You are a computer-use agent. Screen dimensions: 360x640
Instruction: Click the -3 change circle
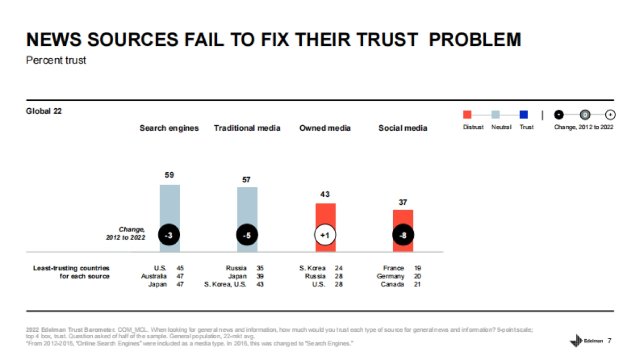tap(169, 235)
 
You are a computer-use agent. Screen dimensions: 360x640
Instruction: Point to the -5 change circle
tap(247, 235)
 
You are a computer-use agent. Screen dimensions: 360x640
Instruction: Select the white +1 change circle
tap(325, 235)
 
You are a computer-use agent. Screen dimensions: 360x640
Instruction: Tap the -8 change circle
tap(403, 235)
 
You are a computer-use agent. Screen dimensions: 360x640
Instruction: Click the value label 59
tap(170, 175)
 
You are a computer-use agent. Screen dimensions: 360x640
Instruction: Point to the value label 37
tap(403, 203)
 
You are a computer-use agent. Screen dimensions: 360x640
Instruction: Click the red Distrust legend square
tap(467, 115)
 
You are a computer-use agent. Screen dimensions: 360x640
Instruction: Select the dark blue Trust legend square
tap(524, 115)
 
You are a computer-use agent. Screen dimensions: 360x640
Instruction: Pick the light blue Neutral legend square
tap(495, 115)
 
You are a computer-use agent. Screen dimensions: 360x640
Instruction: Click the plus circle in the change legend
tap(610, 115)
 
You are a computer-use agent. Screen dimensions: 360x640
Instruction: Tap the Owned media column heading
tap(325, 128)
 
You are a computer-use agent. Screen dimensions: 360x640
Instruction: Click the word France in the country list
tap(394, 268)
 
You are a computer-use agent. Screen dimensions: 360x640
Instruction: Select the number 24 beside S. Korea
tap(339, 268)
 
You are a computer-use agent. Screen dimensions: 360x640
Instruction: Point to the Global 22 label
tap(44, 111)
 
